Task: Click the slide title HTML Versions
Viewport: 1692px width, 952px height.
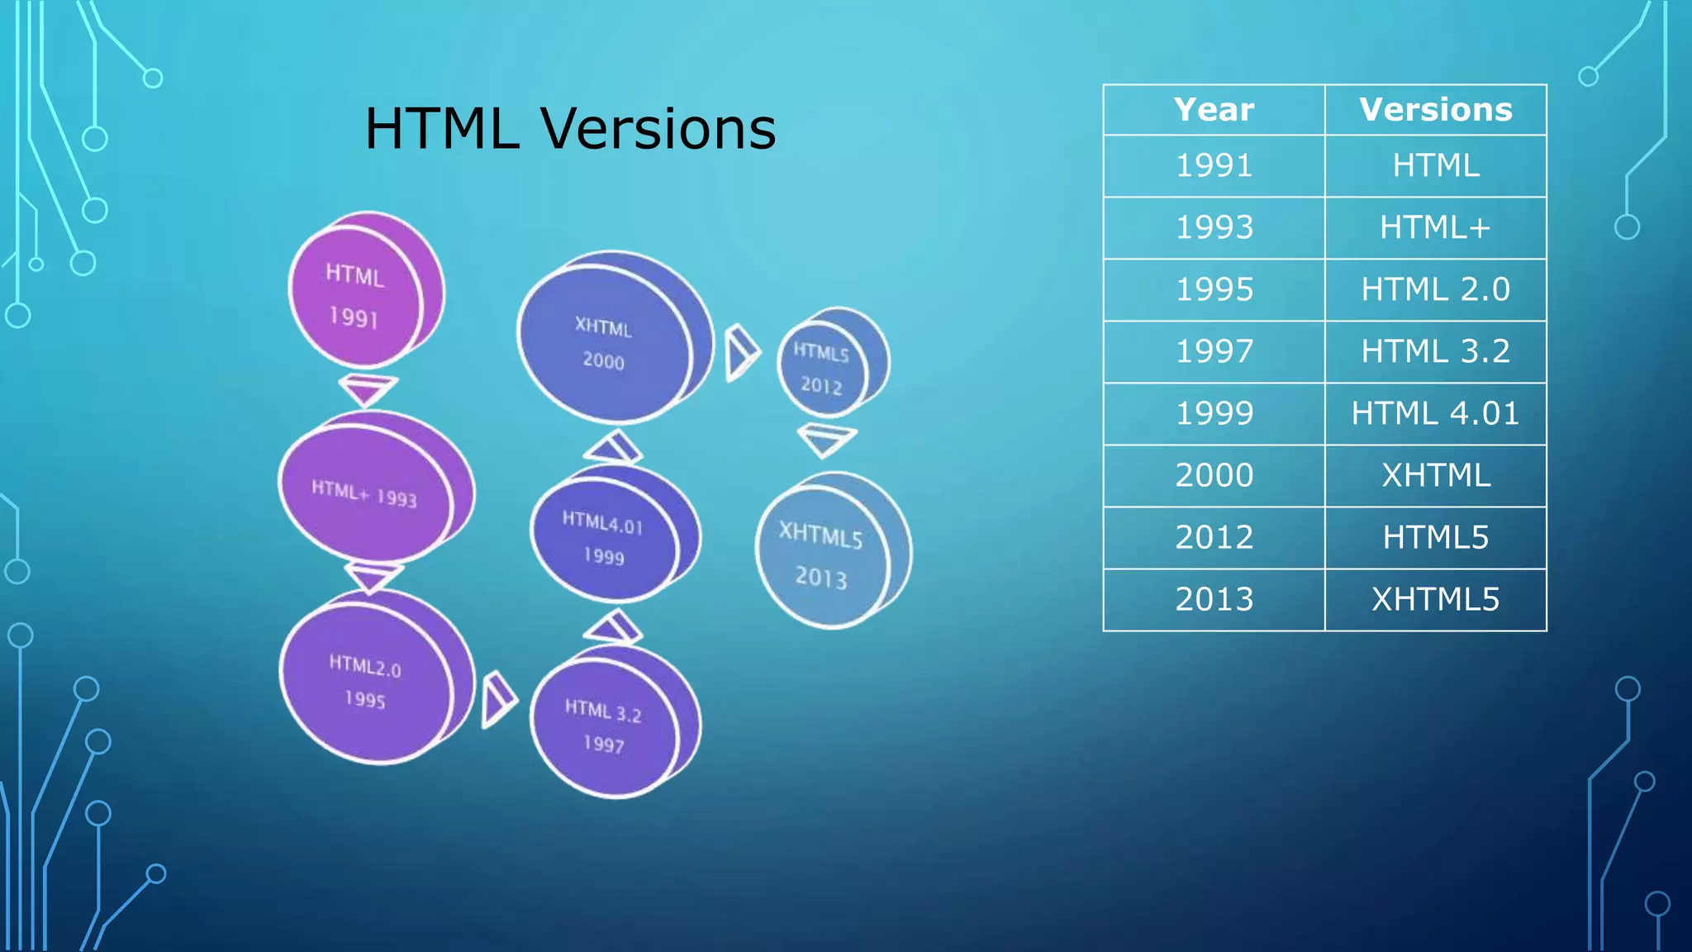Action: point(570,129)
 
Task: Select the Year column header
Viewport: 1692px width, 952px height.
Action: point(1214,110)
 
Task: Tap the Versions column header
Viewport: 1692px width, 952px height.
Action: point(1435,110)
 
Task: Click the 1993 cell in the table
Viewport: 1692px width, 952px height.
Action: point(1214,227)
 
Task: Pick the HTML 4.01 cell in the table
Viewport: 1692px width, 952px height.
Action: point(1435,413)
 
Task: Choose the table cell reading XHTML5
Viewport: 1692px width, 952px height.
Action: point(1435,599)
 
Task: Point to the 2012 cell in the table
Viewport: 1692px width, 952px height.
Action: point(1214,537)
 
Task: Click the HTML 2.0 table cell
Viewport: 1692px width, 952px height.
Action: point(1435,289)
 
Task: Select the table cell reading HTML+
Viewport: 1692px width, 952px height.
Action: point(1435,227)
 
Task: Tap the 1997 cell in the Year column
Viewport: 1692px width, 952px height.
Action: point(1214,351)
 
